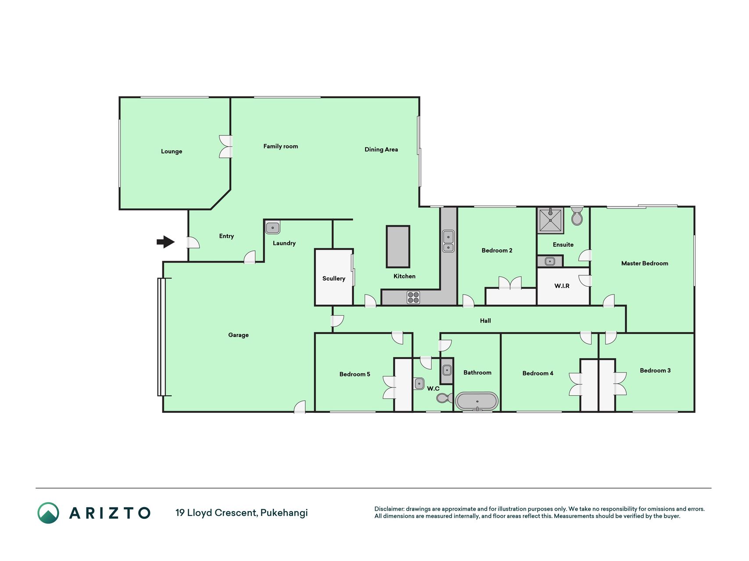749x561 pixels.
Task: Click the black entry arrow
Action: (166, 241)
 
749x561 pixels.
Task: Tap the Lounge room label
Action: (172, 151)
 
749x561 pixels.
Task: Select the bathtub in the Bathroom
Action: (477, 401)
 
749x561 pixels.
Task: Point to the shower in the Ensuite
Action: (550, 220)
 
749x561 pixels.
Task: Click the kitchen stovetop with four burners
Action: (413, 297)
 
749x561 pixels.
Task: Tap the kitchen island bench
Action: (398, 246)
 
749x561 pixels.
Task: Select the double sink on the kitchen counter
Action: (448, 241)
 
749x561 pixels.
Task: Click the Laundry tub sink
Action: (272, 227)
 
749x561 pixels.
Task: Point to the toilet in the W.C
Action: (444, 398)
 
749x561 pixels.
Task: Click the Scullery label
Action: (334, 278)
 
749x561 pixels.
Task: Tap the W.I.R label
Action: (562, 286)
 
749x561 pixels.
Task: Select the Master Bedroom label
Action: (645, 263)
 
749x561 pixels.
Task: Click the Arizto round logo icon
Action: (48, 513)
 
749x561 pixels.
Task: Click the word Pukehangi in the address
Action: (284, 513)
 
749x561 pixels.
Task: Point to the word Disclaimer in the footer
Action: (389, 509)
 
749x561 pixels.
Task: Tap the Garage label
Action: (238, 335)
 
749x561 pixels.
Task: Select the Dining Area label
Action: (381, 149)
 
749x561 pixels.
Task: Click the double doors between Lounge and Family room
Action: (226, 146)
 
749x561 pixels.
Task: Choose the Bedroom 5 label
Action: (355, 374)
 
